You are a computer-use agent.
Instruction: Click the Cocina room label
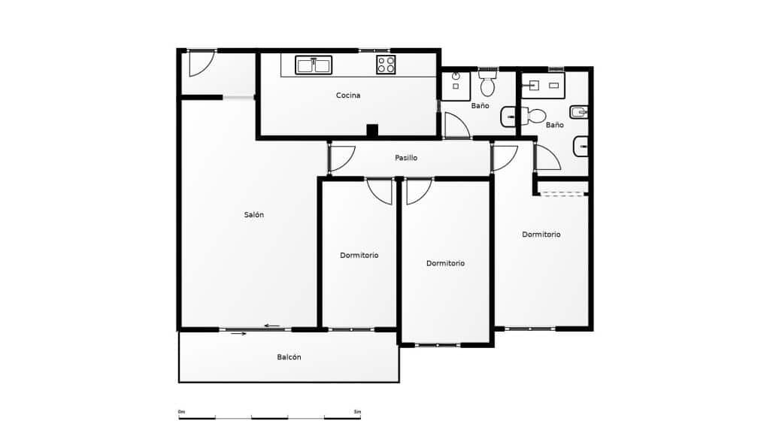[347, 95]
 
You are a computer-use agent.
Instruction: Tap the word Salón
[254, 214]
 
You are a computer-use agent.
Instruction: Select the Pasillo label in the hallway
[406, 158]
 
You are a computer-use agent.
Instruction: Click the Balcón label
[289, 357]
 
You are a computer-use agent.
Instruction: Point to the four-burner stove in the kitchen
[386, 65]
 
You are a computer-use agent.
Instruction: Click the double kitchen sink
[314, 65]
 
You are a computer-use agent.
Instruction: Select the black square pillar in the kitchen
[372, 130]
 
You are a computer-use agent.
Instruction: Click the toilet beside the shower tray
[487, 83]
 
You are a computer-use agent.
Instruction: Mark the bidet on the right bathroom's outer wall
[579, 113]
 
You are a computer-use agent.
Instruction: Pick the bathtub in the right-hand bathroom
[543, 86]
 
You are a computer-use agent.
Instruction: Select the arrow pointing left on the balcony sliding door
[272, 326]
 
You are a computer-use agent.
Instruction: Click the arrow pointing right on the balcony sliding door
[238, 334]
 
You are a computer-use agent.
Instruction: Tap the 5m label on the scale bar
[357, 412]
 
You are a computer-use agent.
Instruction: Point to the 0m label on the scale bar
[182, 412]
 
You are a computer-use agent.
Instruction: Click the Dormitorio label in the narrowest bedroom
[359, 256]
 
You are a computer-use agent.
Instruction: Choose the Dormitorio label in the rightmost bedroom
[541, 235]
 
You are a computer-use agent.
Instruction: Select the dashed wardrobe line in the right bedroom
[563, 195]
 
